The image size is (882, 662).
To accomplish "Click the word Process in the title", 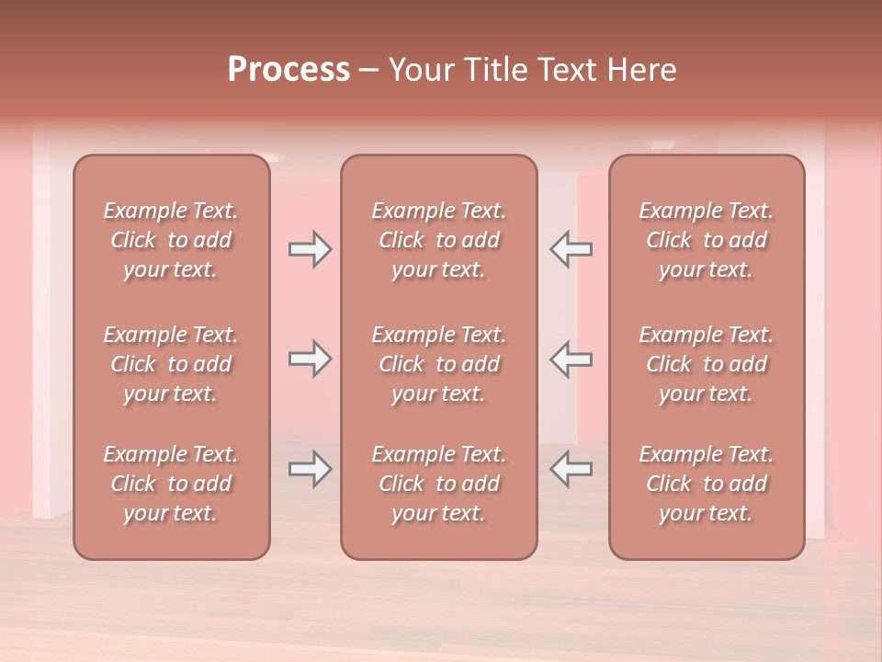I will (x=288, y=69).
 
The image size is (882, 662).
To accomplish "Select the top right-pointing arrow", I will (x=311, y=249).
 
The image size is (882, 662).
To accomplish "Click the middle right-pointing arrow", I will (x=311, y=359).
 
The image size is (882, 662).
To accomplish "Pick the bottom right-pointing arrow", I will (x=311, y=469).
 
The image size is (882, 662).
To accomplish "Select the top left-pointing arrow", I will (x=571, y=249).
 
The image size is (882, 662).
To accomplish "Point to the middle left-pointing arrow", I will (x=571, y=359).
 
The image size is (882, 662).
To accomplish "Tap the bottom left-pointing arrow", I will (x=571, y=469).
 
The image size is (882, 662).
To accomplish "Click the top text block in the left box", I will (x=171, y=240).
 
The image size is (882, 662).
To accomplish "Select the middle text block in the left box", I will (x=171, y=364).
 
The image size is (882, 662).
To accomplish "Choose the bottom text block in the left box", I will (x=171, y=484).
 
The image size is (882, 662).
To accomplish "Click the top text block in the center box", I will (x=438, y=240).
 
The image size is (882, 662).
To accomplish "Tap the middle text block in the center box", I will (x=438, y=364).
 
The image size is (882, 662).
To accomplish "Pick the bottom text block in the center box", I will (x=438, y=484).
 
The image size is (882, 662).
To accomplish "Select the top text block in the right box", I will (x=706, y=240).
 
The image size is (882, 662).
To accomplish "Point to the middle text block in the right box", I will (x=706, y=364).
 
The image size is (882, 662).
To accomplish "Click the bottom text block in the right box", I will (x=706, y=484).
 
